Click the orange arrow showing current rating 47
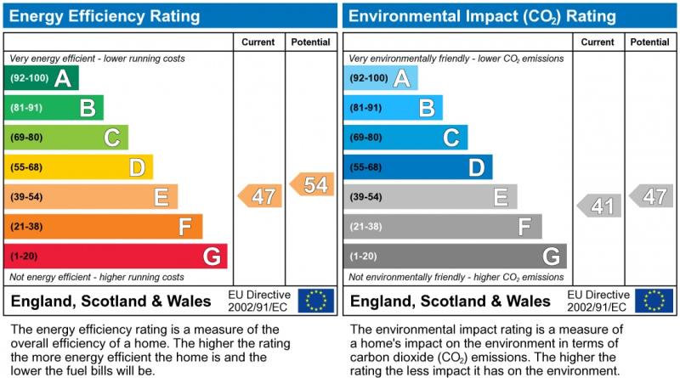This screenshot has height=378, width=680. point(260,196)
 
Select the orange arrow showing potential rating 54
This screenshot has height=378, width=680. point(312,184)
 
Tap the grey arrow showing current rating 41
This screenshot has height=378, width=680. point(599,206)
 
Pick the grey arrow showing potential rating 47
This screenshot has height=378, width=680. point(652,196)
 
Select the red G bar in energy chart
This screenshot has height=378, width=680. point(115,256)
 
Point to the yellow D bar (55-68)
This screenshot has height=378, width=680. point(78,167)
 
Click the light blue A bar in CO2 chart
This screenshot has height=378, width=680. point(381,78)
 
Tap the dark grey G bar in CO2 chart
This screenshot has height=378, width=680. point(455,256)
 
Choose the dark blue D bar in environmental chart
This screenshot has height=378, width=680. point(417,167)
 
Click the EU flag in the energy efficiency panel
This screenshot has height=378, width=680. point(316,301)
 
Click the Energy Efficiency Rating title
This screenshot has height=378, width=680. point(105,16)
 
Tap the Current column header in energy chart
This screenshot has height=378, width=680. point(258,42)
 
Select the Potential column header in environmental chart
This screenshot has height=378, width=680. point(650,42)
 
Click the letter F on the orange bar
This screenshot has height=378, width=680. point(184,227)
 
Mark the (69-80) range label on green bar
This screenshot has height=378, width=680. point(26,138)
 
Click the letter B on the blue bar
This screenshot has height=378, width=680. point(427,108)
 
